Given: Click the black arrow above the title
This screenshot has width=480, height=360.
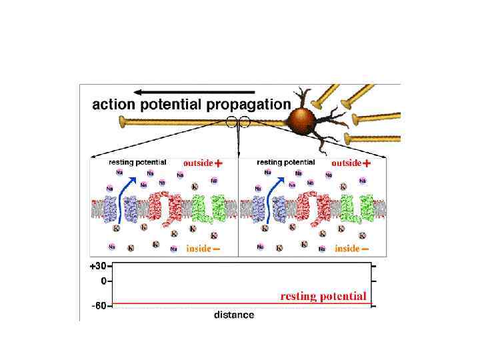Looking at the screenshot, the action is point(194,91).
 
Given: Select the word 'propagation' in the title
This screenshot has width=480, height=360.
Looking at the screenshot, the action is point(249,105).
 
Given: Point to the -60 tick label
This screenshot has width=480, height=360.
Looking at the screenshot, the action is point(98,306).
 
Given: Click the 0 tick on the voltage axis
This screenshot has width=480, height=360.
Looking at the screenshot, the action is point(103,281).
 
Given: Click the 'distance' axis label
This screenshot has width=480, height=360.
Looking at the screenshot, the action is point(233,314).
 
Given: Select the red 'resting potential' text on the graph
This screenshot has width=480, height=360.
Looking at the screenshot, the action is point(323,296).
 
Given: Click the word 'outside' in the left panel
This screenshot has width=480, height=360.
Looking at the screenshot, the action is point(198,163).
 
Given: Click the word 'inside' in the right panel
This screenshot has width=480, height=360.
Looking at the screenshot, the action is point(347,249).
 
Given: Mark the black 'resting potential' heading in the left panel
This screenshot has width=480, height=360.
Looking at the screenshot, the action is point(137,162).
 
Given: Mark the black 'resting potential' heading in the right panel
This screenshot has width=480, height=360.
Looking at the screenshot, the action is point(285,162).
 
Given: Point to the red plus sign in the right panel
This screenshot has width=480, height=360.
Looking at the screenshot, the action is point(367,163).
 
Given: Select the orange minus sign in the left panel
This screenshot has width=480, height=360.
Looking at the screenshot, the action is point(217,249).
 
